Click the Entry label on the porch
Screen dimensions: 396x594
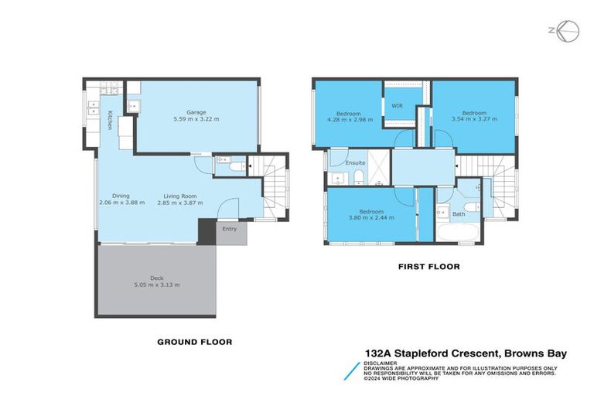(230, 229)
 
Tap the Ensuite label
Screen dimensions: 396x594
(355, 163)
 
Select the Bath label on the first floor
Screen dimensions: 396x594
(459, 214)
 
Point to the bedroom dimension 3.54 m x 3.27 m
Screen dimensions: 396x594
(474, 120)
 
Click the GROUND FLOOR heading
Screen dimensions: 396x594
(194, 341)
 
